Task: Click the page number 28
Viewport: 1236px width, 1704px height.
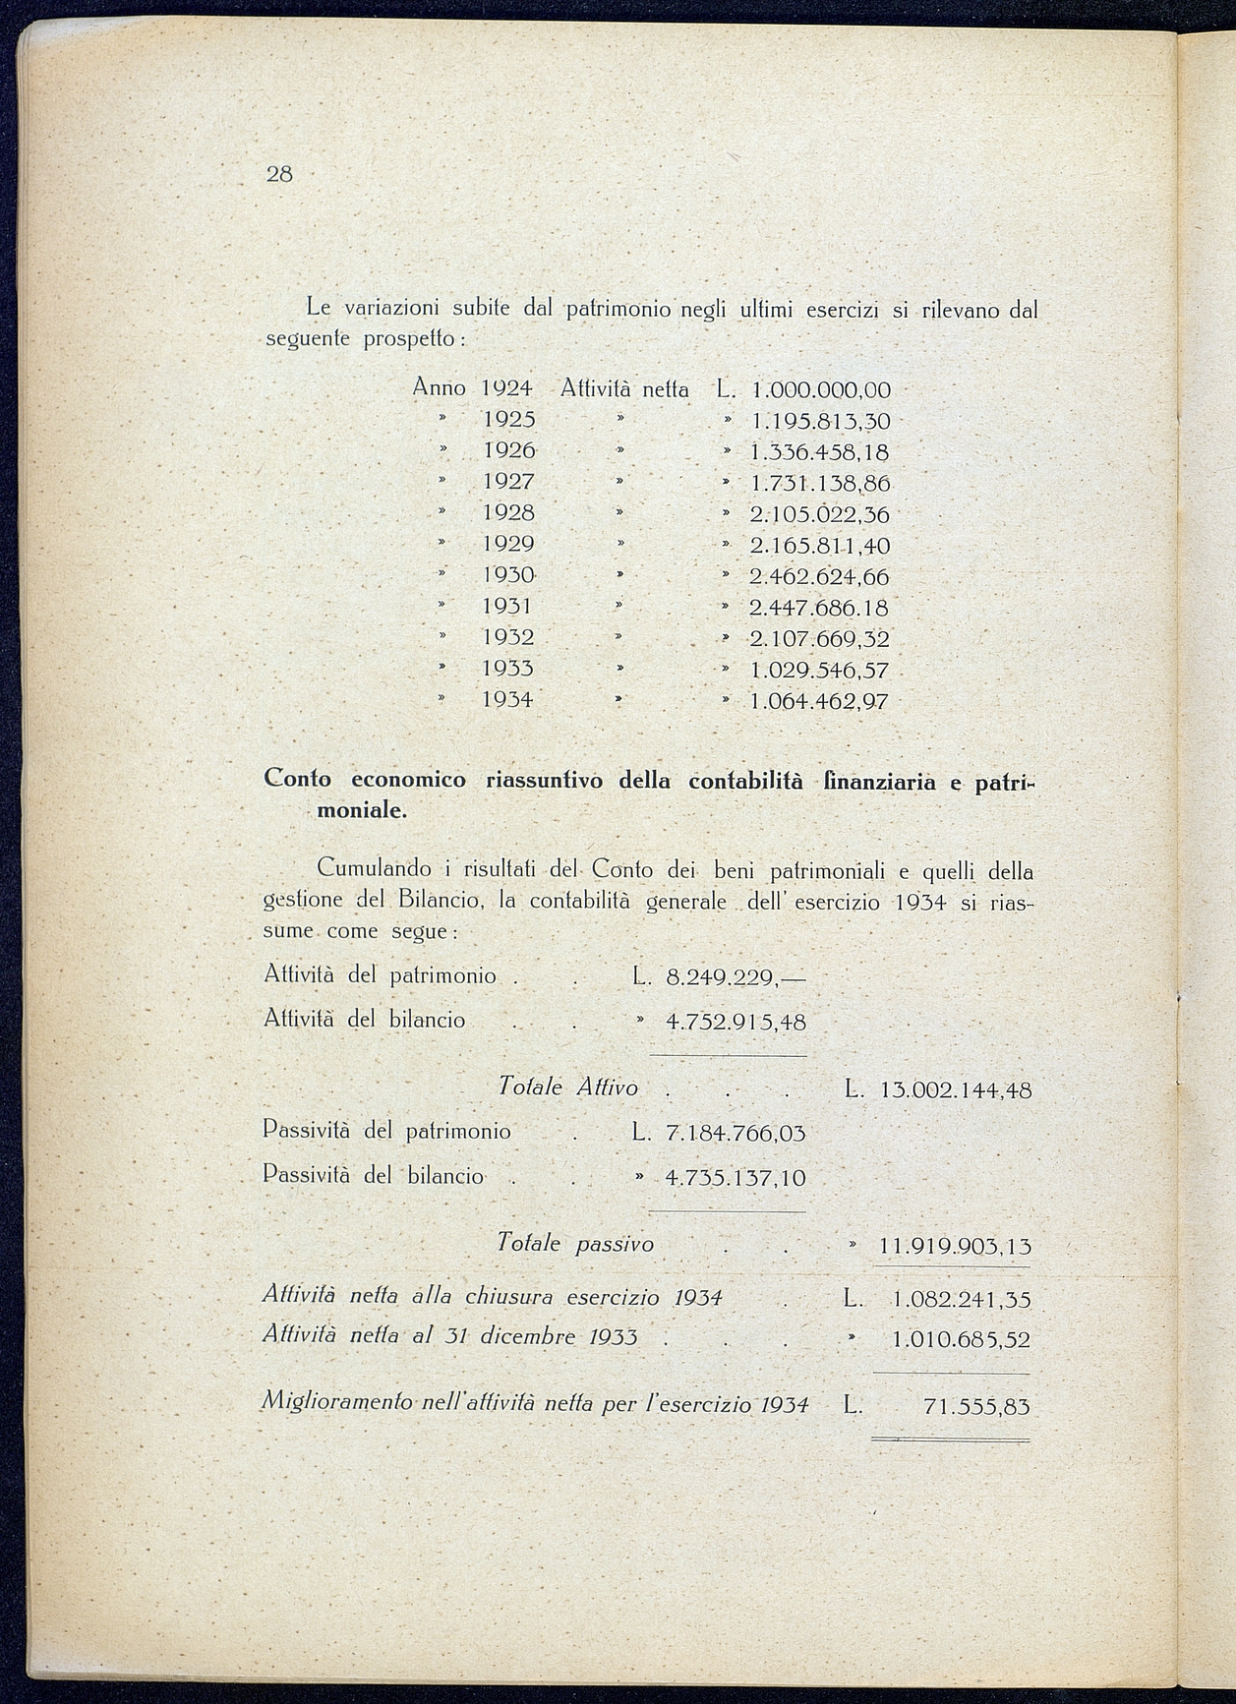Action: [279, 175]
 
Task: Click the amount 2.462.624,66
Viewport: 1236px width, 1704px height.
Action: [819, 576]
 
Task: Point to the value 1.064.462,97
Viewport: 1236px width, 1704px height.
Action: [819, 702]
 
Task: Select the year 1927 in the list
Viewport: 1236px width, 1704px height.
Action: [508, 482]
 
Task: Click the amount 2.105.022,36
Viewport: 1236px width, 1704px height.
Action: [819, 514]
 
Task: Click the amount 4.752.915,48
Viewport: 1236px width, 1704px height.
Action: [736, 1023]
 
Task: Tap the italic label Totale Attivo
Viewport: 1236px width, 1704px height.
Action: [568, 1087]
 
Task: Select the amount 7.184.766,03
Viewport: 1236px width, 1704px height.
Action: [736, 1134]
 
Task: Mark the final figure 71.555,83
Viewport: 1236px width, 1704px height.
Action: [976, 1407]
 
